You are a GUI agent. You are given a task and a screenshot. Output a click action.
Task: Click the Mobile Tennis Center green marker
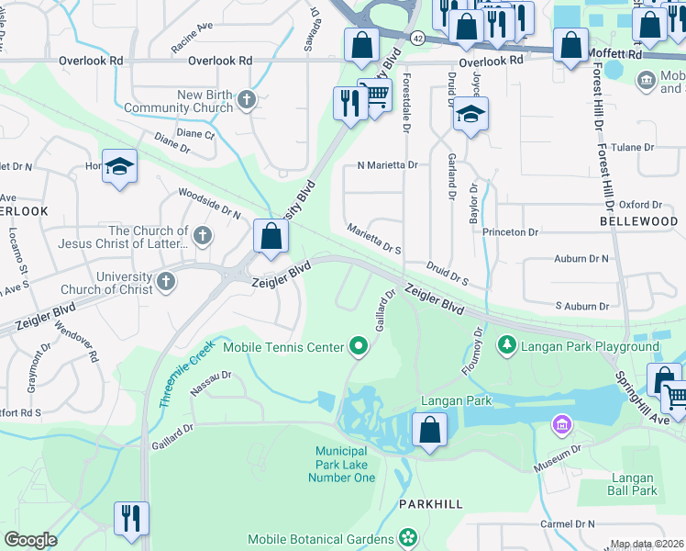pyautogui.click(x=359, y=346)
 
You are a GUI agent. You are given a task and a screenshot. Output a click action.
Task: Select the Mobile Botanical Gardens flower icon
pyautogui.click(x=408, y=538)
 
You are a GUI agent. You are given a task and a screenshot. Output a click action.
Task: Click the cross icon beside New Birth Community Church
pyautogui.click(x=246, y=100)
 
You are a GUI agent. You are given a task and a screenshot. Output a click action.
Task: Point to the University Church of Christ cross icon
pyautogui.click(x=165, y=281)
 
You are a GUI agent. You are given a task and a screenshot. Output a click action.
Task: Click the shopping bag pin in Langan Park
pyautogui.click(x=429, y=429)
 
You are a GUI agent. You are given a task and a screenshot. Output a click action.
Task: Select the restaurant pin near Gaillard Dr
pyautogui.click(x=131, y=517)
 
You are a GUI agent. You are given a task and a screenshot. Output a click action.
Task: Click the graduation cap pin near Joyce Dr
pyautogui.click(x=470, y=113)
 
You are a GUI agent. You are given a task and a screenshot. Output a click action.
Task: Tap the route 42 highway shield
pyautogui.click(x=417, y=38)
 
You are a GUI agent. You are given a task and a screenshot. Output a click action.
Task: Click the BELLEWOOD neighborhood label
pyautogui.click(x=638, y=221)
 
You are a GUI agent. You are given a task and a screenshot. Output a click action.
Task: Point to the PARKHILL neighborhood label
pyautogui.click(x=426, y=505)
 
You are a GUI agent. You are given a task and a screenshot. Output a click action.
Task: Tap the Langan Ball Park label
pyautogui.click(x=632, y=484)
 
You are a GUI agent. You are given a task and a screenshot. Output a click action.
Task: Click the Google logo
pyautogui.click(x=30, y=540)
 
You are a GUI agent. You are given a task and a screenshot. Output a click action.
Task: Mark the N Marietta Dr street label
pyautogui.click(x=386, y=165)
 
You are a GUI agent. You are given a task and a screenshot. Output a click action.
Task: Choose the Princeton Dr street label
pyautogui.click(x=511, y=232)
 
